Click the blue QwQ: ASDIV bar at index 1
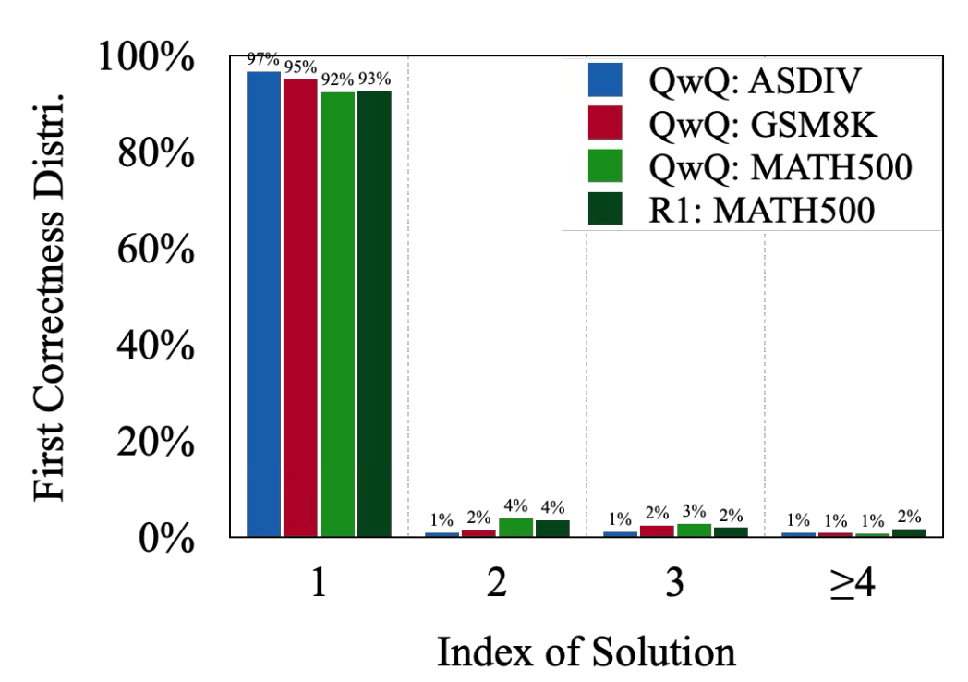tap(263, 304)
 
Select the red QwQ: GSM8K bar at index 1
tap(300, 308)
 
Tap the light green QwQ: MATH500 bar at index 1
tap(338, 314)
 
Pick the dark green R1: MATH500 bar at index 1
tap(374, 314)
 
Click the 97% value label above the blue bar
tap(263, 59)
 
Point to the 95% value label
tap(300, 67)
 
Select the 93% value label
tap(374, 79)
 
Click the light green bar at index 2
tap(516, 528)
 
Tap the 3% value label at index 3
tap(694, 512)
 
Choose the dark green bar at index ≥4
tap(909, 532)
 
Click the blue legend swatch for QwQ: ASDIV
tap(605, 79)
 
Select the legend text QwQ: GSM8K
tap(762, 124)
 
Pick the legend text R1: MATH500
tap(762, 210)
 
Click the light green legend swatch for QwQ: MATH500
tap(605, 165)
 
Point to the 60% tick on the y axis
tap(155, 250)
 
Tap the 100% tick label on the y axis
tap(146, 57)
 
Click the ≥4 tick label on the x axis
tap(853, 583)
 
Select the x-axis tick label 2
tap(496, 582)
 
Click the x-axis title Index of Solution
tap(587, 652)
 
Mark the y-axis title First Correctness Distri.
tap(48, 298)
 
